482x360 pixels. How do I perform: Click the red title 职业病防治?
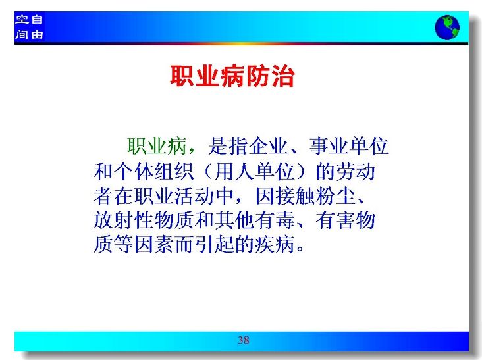232,76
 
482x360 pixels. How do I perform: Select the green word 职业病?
157,146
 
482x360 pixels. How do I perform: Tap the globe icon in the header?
447,28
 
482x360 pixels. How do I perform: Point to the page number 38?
244,340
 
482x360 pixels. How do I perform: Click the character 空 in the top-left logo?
22,20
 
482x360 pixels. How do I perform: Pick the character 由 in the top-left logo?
37,34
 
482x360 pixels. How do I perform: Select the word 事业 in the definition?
329,146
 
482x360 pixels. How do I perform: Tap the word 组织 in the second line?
174,171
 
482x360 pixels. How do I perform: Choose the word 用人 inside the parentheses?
235,171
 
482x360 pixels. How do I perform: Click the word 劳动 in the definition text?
356,171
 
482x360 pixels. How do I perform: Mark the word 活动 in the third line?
194,196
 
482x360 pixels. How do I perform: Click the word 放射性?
124,220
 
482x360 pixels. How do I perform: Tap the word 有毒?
275,220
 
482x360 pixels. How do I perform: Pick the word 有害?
336,220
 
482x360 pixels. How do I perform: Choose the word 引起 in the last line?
215,245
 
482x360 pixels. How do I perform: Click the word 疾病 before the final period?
275,245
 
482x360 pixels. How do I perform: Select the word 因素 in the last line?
154,245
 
